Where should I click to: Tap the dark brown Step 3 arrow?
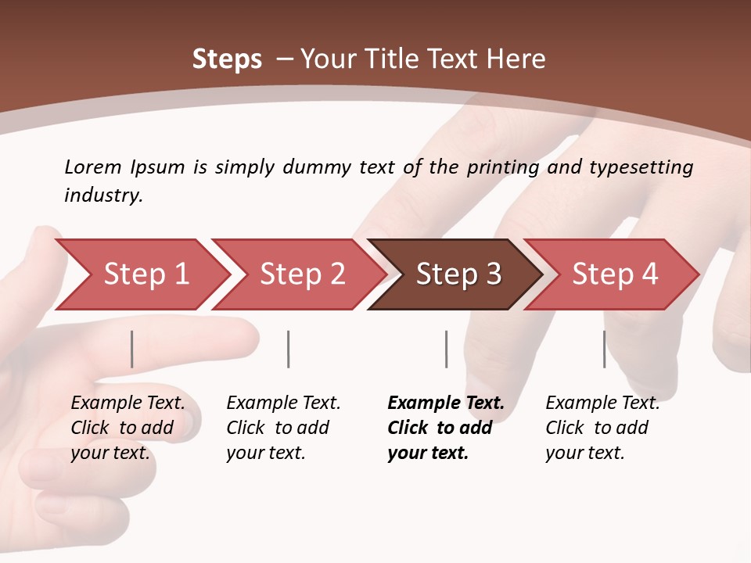tap(458, 274)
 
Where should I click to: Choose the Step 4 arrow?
tap(615, 274)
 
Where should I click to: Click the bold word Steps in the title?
tap(227, 59)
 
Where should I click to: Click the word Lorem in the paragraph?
tap(93, 167)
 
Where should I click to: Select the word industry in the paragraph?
tap(102, 195)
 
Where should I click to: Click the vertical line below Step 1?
tap(132, 349)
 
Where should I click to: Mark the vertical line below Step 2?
tap(289, 349)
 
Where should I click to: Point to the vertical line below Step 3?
tap(447, 349)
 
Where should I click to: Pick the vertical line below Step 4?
tap(605, 349)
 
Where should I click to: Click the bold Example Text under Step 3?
tap(446, 403)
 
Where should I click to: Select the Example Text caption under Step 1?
tap(128, 403)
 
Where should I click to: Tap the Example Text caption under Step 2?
tap(283, 403)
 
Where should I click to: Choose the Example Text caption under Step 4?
tap(602, 403)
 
